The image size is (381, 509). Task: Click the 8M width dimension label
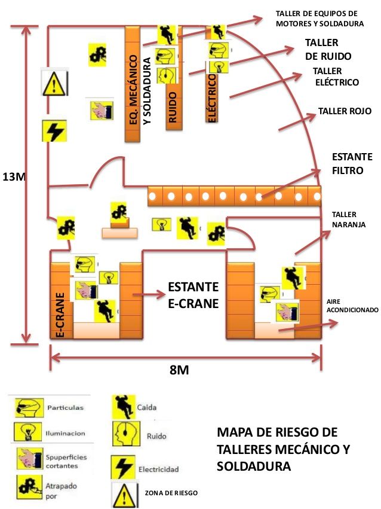tap(179, 370)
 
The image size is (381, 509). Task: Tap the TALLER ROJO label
tap(345, 111)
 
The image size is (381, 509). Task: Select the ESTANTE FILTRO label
tap(352, 163)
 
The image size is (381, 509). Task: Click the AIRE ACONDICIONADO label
tap(352, 306)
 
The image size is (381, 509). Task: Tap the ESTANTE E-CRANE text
tap(193, 295)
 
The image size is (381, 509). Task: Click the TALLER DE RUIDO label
tap(327, 50)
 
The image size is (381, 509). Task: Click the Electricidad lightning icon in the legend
tap(122, 466)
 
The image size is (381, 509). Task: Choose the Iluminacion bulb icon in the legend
tap(27, 432)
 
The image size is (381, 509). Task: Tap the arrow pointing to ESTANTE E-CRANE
tap(148, 295)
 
